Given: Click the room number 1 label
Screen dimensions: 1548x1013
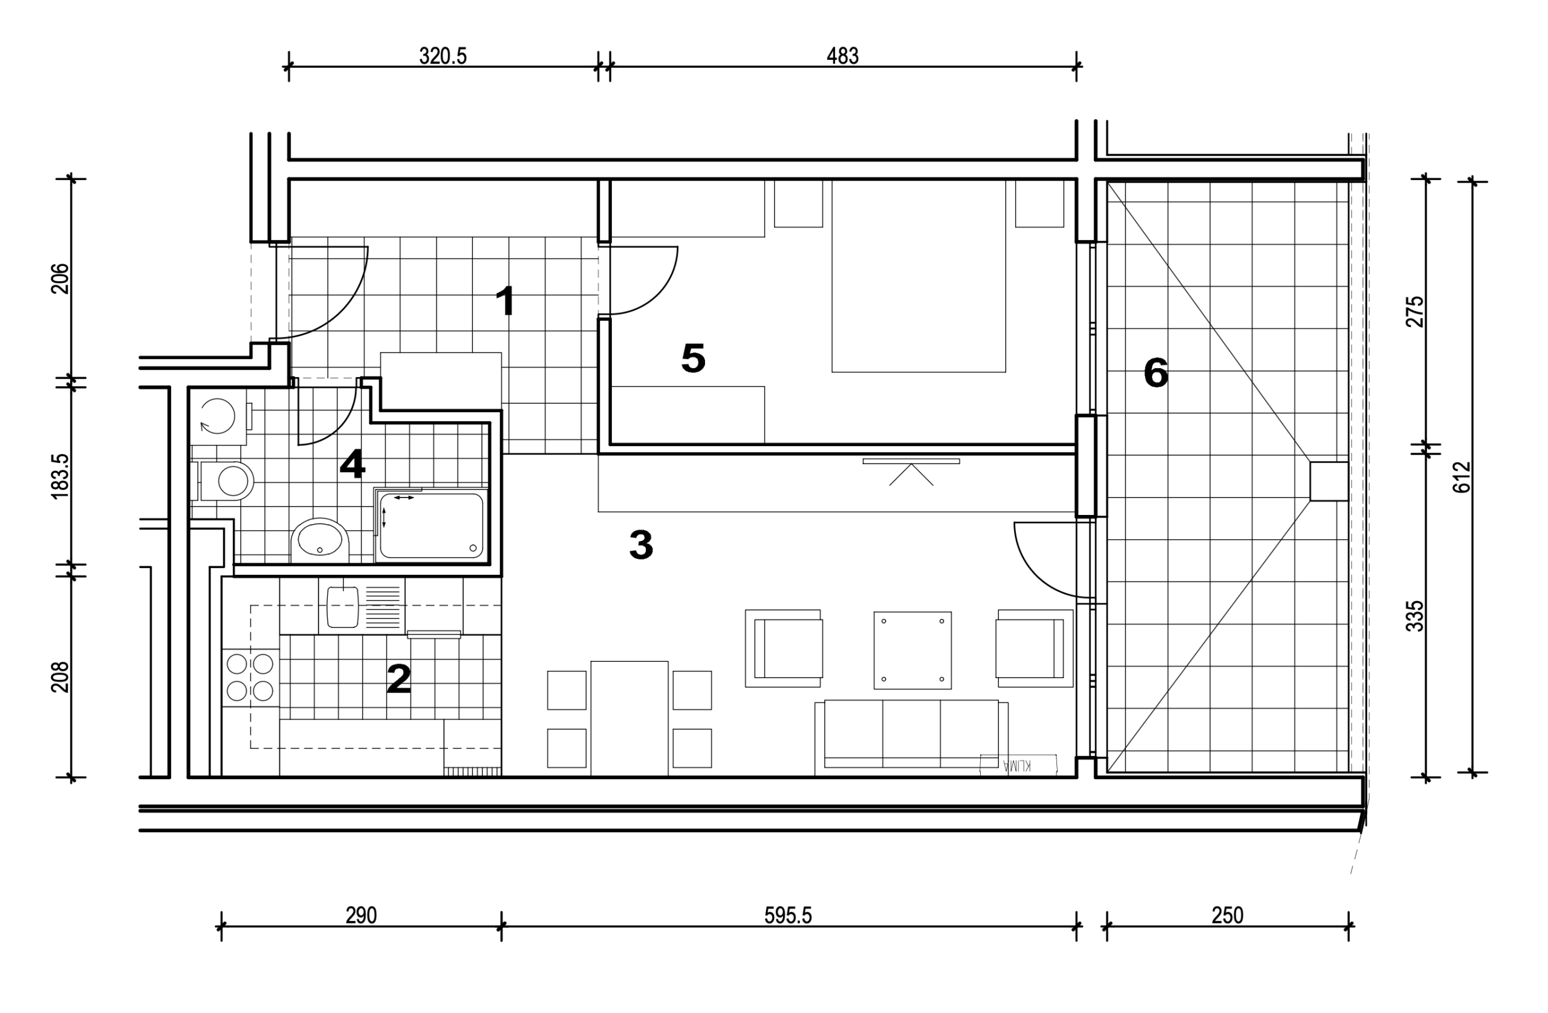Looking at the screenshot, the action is click(x=506, y=301).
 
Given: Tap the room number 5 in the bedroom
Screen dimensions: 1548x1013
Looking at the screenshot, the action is click(x=694, y=358).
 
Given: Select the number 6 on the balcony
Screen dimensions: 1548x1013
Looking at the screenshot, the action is click(x=1156, y=373).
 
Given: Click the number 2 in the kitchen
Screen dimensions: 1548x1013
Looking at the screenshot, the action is click(x=398, y=679).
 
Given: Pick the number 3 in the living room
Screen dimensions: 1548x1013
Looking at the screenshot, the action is click(x=640, y=545).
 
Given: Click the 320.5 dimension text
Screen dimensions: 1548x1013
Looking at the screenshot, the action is click(x=443, y=56).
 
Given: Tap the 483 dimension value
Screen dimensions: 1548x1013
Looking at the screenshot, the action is click(x=842, y=56).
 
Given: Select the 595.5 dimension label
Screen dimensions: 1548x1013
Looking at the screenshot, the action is click(x=788, y=916).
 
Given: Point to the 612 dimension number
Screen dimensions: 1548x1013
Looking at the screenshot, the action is click(x=1462, y=477).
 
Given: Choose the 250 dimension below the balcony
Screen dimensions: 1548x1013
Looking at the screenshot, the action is click(x=1228, y=916).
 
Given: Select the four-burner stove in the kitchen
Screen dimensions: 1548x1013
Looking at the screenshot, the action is click(x=250, y=678).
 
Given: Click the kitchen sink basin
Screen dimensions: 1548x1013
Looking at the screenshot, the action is click(x=343, y=607).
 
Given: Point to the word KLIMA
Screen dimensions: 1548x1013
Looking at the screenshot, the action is click(x=1018, y=765).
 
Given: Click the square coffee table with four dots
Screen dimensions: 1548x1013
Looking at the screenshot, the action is click(x=912, y=650).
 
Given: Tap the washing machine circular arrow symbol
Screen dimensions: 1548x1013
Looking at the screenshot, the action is click(x=217, y=415).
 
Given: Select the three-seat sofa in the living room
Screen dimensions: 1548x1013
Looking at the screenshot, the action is click(x=911, y=738).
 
